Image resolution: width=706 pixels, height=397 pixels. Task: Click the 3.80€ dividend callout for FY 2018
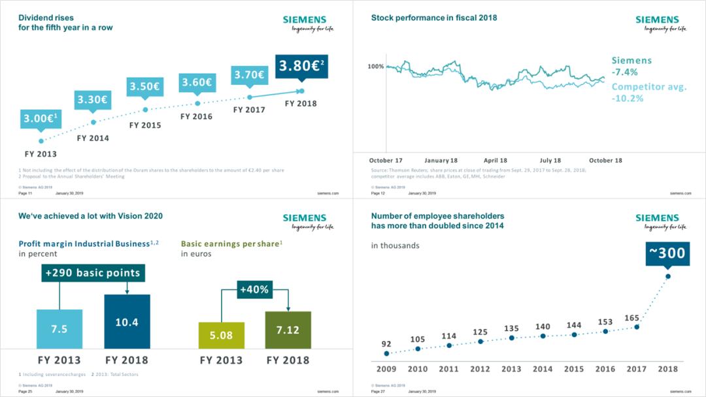(x=301, y=66)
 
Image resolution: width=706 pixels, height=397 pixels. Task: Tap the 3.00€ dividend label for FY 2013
(x=41, y=118)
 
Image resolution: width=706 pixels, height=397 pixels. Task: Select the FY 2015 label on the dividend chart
(x=145, y=125)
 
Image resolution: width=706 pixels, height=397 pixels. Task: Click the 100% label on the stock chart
(x=376, y=67)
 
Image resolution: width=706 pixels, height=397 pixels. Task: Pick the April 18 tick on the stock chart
(x=496, y=161)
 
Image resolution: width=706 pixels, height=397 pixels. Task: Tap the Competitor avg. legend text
(x=648, y=87)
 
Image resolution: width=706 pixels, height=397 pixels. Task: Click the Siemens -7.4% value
(x=624, y=72)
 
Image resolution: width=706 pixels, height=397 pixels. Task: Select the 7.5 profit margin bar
(x=59, y=329)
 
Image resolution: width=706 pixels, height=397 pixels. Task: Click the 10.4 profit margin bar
(x=127, y=322)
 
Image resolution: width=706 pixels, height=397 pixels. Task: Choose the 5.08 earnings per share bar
(x=222, y=335)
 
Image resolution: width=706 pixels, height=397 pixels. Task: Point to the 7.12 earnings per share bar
(x=288, y=330)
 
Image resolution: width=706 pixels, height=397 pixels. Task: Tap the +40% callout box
(x=254, y=289)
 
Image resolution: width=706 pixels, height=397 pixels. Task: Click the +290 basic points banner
(x=93, y=273)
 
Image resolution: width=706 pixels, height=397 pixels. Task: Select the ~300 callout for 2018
(x=667, y=253)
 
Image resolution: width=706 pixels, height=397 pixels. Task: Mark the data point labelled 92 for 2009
(x=386, y=353)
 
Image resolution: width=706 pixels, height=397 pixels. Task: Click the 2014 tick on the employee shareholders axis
(x=543, y=369)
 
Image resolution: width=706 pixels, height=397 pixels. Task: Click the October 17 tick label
(x=386, y=161)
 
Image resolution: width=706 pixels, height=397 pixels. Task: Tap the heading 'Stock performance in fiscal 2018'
(x=434, y=18)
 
